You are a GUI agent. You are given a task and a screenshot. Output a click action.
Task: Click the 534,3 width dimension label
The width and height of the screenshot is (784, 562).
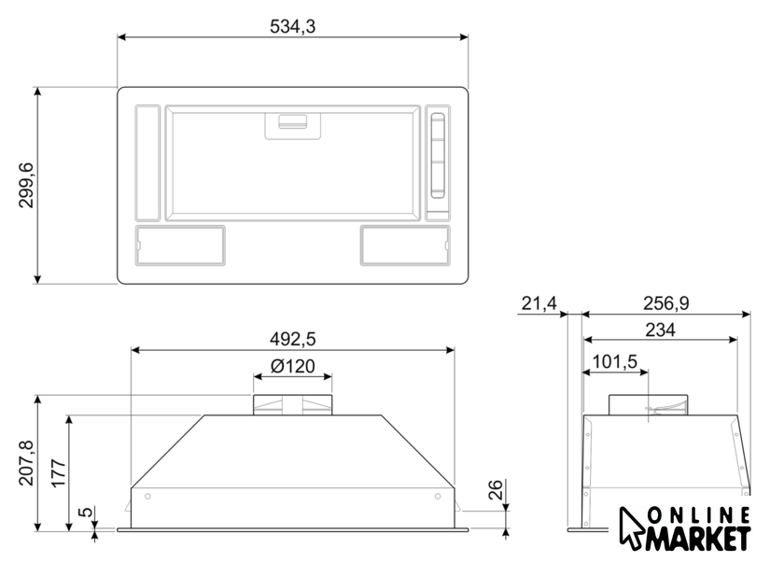(x=292, y=26)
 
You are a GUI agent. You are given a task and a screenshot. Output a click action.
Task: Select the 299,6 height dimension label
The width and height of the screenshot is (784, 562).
(x=26, y=185)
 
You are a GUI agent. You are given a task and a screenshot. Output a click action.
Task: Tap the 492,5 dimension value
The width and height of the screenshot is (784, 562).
(x=292, y=340)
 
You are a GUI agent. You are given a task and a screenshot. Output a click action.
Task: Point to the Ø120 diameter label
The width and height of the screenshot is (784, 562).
(x=292, y=367)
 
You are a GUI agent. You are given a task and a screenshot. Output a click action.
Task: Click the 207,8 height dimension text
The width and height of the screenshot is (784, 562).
(x=26, y=463)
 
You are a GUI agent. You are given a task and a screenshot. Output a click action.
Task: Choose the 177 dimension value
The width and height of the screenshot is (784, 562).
(x=59, y=473)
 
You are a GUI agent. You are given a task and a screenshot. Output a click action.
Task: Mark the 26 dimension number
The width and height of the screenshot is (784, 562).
(x=495, y=490)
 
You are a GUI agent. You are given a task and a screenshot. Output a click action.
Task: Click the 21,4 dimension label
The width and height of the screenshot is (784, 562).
(x=539, y=303)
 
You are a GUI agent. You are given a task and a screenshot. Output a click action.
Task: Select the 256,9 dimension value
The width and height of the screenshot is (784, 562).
(x=666, y=303)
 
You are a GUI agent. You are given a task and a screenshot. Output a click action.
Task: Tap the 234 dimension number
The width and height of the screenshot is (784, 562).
(x=660, y=330)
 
